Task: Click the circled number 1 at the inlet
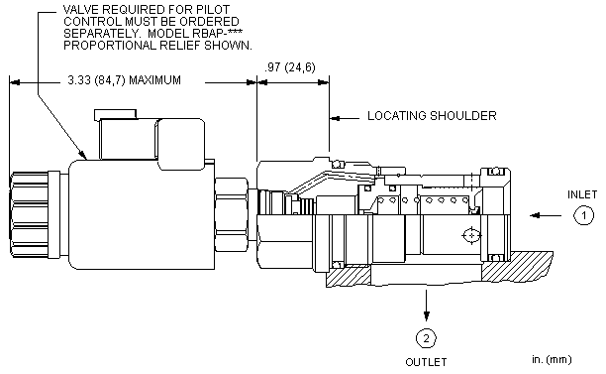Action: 583,215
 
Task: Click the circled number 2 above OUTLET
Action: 426,338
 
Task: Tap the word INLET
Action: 582,194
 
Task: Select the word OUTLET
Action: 426,362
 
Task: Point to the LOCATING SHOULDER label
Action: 432,116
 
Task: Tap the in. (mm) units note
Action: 552,360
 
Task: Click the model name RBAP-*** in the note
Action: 218,33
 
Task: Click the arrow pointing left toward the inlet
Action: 546,215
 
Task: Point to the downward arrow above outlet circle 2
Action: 426,306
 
